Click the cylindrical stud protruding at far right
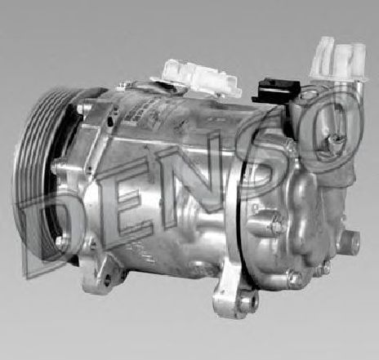click(350, 242)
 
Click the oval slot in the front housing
click(106, 118)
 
